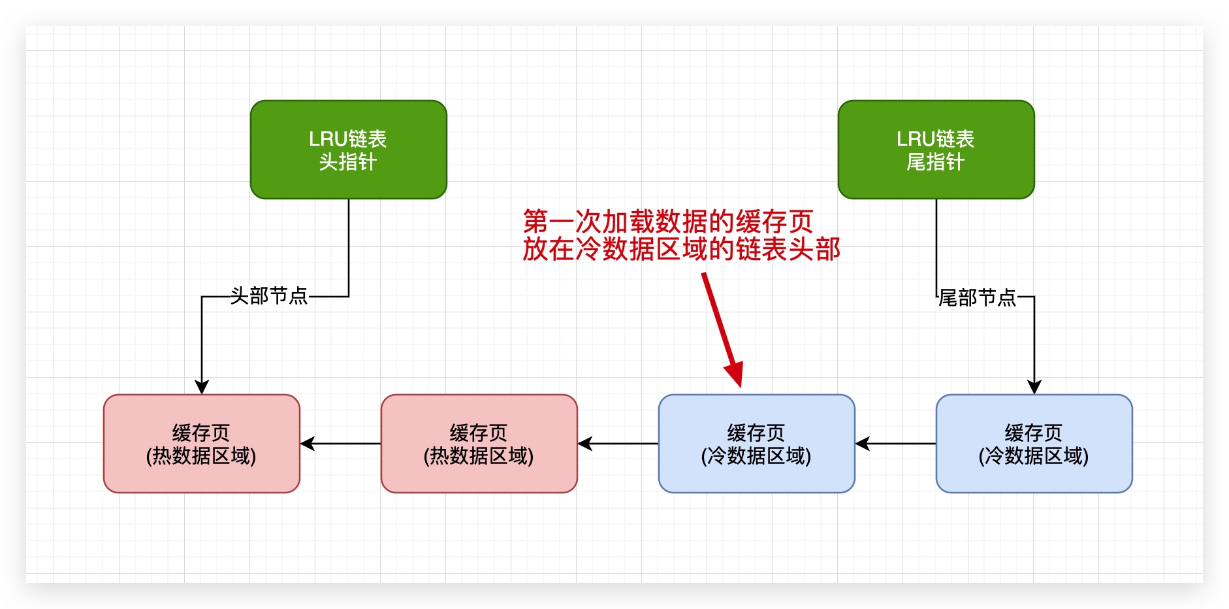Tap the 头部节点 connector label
pyautogui.click(x=268, y=296)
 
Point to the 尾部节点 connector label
pyautogui.click(x=977, y=298)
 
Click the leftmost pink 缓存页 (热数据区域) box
pyautogui.click(x=201, y=444)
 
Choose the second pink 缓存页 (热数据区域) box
pyautogui.click(x=479, y=444)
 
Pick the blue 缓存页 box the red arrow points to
pyautogui.click(x=756, y=444)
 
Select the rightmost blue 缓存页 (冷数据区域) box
pyautogui.click(x=1034, y=444)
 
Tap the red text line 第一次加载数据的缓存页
pyautogui.click(x=667, y=222)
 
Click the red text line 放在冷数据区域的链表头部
pyautogui.click(x=680, y=250)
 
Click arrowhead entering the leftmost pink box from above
pyautogui.click(x=202, y=387)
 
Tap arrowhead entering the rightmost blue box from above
pyautogui.click(x=1034, y=387)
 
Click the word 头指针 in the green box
pyautogui.click(x=348, y=162)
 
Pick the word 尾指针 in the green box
pyautogui.click(x=936, y=162)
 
